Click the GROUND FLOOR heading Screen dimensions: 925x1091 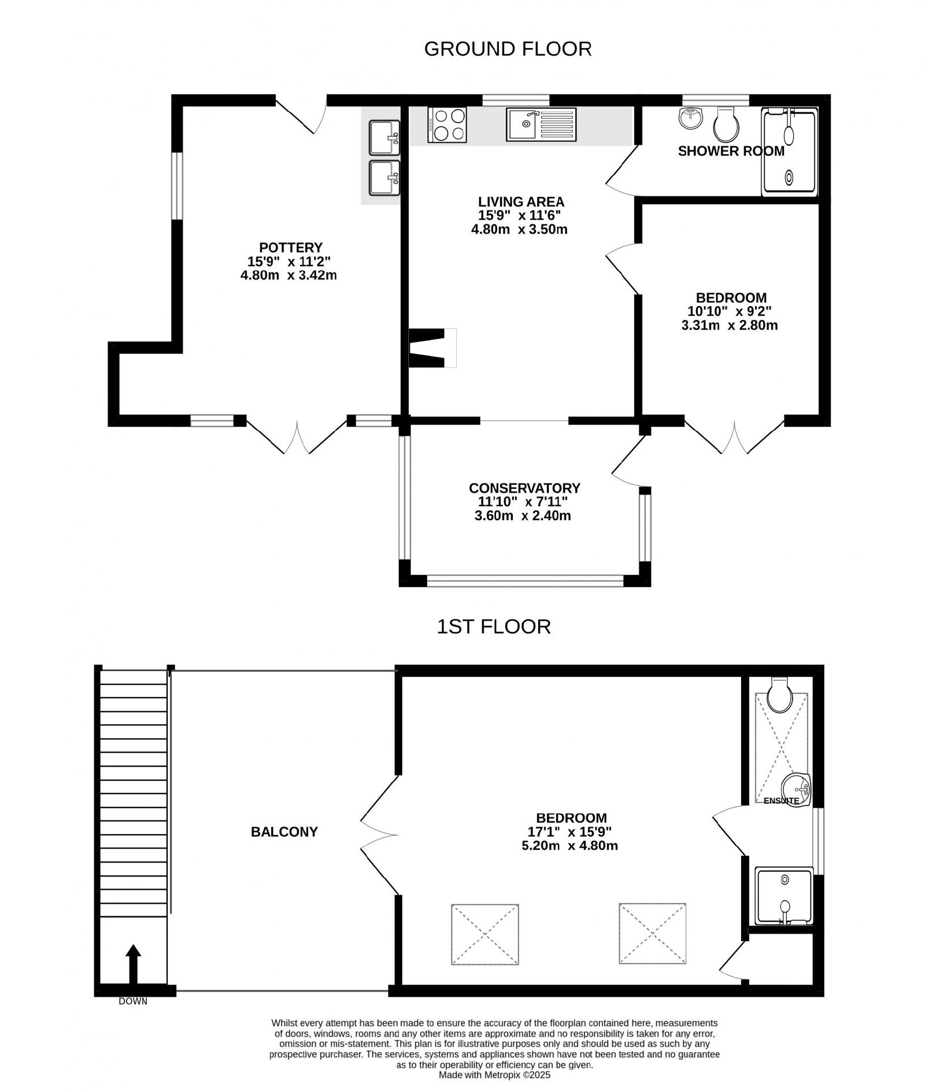[508, 49]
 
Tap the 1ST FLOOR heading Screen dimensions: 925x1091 [493, 626]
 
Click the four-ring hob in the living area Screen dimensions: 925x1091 [447, 125]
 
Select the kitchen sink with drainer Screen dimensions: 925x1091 [541, 124]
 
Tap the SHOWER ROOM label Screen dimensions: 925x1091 [731, 152]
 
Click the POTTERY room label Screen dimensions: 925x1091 [290, 248]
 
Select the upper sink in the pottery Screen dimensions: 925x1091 [384, 138]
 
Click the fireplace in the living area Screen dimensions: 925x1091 [432, 348]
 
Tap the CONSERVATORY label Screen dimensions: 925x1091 [524, 488]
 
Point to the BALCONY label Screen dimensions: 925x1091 [284, 832]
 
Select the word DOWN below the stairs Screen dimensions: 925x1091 [133, 1001]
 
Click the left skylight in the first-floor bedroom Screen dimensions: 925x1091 [484, 934]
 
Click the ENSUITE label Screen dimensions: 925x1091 [781, 801]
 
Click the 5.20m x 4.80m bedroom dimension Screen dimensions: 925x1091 [569, 846]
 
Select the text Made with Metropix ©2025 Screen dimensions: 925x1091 [494, 1075]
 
